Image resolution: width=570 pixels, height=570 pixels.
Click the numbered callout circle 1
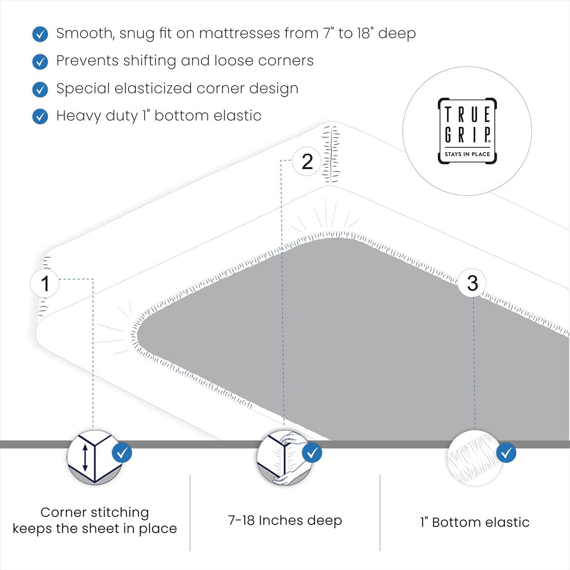click(x=45, y=284)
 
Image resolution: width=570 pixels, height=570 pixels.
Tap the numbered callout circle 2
click(x=307, y=161)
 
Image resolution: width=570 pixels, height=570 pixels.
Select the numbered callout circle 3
click(x=473, y=283)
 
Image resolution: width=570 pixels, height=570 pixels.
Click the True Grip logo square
click(x=467, y=131)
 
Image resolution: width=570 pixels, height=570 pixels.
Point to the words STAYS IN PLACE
click(x=467, y=154)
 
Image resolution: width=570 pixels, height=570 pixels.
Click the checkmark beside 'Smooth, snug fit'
click(x=40, y=34)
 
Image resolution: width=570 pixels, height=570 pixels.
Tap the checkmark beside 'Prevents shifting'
click(x=40, y=62)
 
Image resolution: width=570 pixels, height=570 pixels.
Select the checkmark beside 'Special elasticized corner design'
click(x=40, y=89)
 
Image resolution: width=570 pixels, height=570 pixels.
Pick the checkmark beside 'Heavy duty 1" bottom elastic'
click(x=40, y=116)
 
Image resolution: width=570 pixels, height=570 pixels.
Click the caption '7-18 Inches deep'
click(x=285, y=521)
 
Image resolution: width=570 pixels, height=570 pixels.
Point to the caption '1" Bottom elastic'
click(x=475, y=522)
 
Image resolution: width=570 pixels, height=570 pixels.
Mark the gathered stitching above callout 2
click(x=331, y=153)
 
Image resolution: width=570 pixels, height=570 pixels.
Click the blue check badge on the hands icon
click(x=312, y=453)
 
